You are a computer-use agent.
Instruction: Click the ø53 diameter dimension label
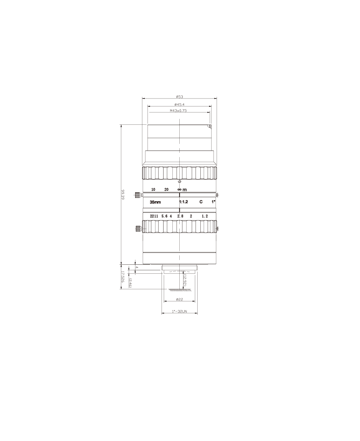coord(179,97)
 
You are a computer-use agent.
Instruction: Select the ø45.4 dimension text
coord(179,104)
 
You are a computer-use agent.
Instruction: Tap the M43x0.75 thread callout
coord(178,111)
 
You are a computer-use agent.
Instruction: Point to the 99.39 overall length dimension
coord(123,195)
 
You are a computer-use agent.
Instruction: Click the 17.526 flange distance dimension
coord(123,277)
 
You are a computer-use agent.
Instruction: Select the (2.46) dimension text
coord(130,283)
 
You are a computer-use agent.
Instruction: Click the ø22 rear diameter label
coord(179,299)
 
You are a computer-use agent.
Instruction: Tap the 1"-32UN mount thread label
coord(179,311)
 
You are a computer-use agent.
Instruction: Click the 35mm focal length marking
coord(155,202)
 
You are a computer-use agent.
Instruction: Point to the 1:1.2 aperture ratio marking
coord(183,202)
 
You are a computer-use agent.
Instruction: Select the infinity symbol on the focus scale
coord(179,189)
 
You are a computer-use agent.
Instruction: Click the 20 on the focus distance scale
coord(167,189)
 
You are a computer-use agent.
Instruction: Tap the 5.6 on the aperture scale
coord(164,216)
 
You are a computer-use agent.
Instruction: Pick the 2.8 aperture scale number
coord(180,216)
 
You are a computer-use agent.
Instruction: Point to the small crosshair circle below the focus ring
coord(179,181)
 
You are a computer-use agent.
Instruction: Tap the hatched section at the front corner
coord(210,126)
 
